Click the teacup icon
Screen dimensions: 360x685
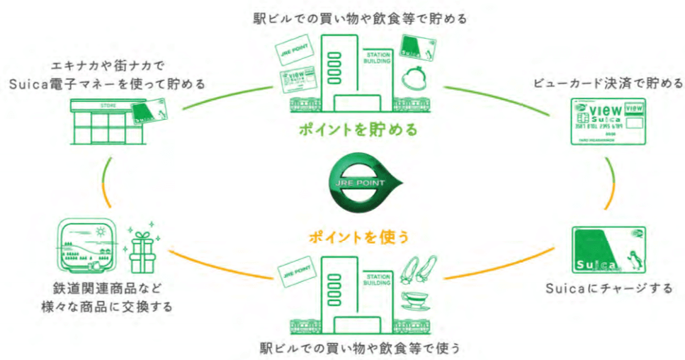(x=414, y=300)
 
